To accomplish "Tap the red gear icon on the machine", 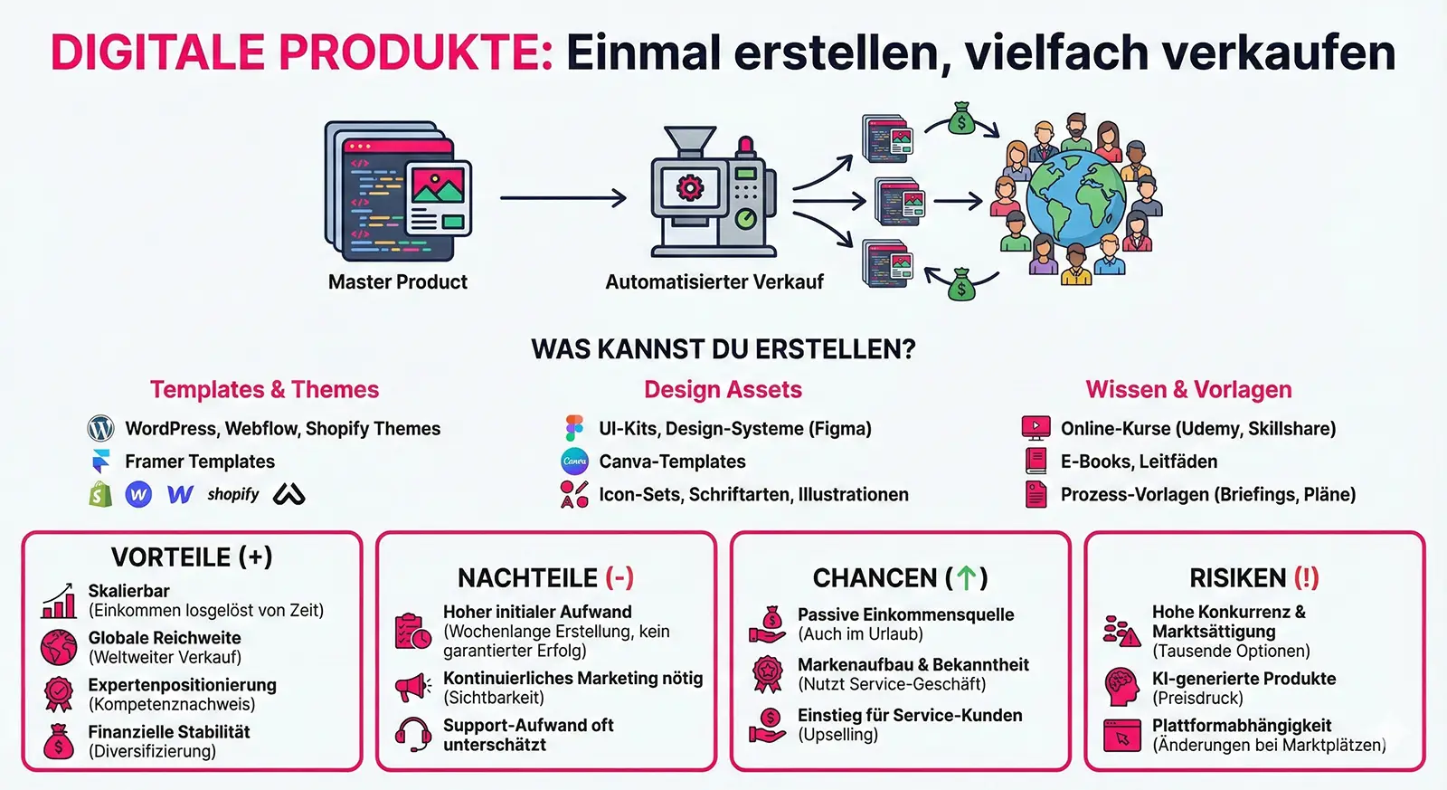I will [x=690, y=188].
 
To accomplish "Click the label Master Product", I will [x=397, y=282].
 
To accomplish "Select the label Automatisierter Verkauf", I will [x=714, y=282].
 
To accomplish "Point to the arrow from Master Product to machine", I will [x=563, y=197].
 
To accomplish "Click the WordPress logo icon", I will [x=100, y=428].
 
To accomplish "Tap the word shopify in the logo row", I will [x=232, y=494].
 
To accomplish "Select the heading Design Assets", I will [x=723, y=390].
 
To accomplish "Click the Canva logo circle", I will [x=574, y=462].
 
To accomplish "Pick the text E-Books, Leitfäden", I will [x=1139, y=462].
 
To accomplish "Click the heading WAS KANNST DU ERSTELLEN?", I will [x=723, y=349].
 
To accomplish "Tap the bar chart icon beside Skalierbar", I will [x=59, y=601].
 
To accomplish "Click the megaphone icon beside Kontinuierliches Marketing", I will [x=413, y=688].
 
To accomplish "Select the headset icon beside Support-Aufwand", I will [x=413, y=734].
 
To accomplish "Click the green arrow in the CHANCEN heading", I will [x=966, y=577].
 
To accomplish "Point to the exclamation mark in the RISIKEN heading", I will [x=1306, y=577].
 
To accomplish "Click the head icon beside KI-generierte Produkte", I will [x=1122, y=687].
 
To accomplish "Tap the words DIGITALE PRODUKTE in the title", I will [x=301, y=52].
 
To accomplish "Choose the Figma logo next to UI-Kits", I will [x=574, y=428].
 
